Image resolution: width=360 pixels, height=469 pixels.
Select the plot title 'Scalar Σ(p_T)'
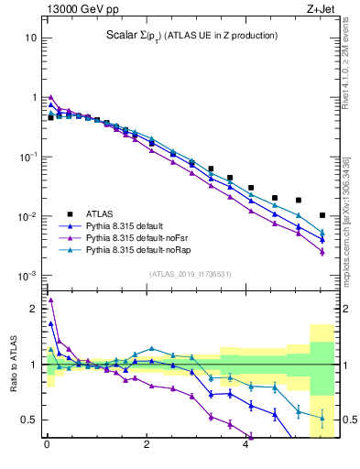pos(137,36)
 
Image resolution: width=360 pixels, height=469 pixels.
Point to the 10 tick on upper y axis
pos(30,38)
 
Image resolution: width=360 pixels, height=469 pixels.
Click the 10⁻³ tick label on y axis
pos(27,276)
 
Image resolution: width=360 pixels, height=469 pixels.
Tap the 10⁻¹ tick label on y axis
pos(27,157)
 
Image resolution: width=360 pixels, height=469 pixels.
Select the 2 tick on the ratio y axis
pos(31,309)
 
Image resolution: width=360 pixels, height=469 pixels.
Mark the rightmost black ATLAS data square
pos(322,215)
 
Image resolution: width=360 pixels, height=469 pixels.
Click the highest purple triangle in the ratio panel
pos(51,300)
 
